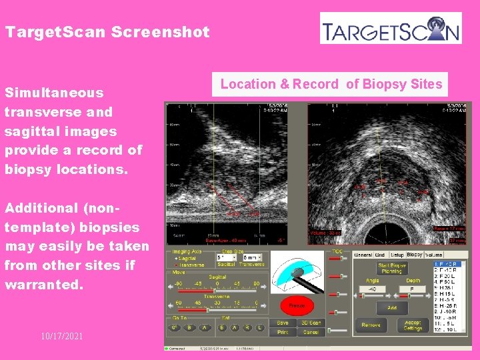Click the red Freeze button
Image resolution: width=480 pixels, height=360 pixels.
[297, 307]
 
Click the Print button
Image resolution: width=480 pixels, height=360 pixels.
[283, 332]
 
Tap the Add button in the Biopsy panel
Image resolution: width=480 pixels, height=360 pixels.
[392, 308]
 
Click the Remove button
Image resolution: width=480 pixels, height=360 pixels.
[371, 325]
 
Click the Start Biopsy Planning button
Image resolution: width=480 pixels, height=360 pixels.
[392, 268]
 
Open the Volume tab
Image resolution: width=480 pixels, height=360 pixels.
[435, 255]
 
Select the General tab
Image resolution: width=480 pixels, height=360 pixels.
[364, 255]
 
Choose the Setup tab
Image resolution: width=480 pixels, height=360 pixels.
[397, 255]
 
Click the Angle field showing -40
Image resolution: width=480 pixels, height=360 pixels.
[372, 289]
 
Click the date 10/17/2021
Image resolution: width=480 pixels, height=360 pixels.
[61, 336]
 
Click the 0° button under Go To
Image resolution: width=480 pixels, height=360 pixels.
[173, 328]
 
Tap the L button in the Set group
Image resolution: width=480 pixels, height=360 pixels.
[259, 328]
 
